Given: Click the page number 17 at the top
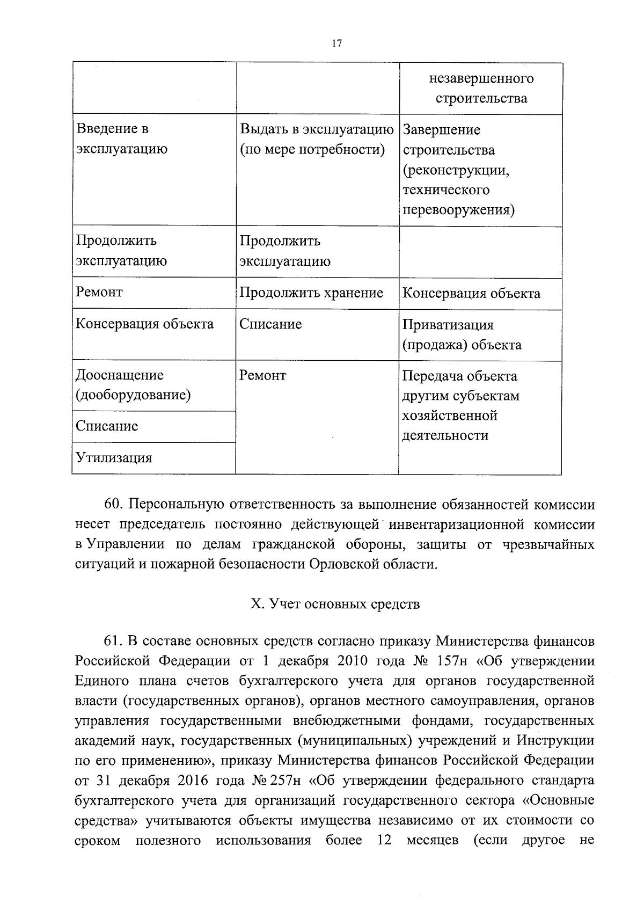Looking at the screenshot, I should click(336, 44).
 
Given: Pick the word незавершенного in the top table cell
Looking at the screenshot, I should click(481, 79).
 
